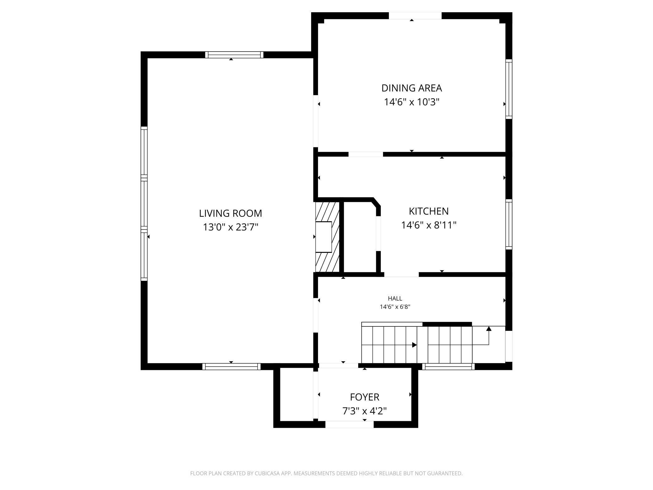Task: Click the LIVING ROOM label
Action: pos(230,213)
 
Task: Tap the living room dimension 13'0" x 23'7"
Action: pos(230,227)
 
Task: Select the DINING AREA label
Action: pos(412,88)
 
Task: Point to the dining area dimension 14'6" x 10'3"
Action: pos(412,102)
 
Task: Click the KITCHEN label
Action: pos(429,211)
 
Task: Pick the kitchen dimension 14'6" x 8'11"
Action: pos(429,225)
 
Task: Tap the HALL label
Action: pos(395,298)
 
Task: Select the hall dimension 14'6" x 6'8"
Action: pos(395,307)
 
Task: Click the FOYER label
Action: pos(364,397)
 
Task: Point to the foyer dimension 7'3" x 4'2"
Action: pos(364,411)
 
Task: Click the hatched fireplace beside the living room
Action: pos(328,237)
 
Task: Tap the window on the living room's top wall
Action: pos(234,55)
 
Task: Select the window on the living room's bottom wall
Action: pos(231,366)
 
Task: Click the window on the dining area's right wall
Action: pos(509,89)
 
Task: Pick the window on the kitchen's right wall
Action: pos(509,224)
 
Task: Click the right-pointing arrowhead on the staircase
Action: pos(414,345)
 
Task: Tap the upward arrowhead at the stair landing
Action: pos(488,329)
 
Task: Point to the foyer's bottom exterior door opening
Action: pos(349,424)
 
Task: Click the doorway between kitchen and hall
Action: pos(402,275)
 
